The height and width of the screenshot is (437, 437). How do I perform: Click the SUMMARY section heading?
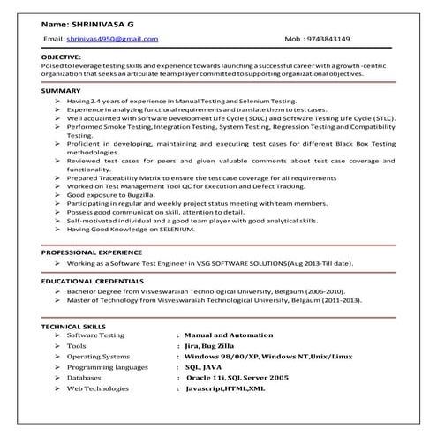[x=59, y=92]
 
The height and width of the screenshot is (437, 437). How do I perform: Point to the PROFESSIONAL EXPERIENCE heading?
[x=90, y=252]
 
